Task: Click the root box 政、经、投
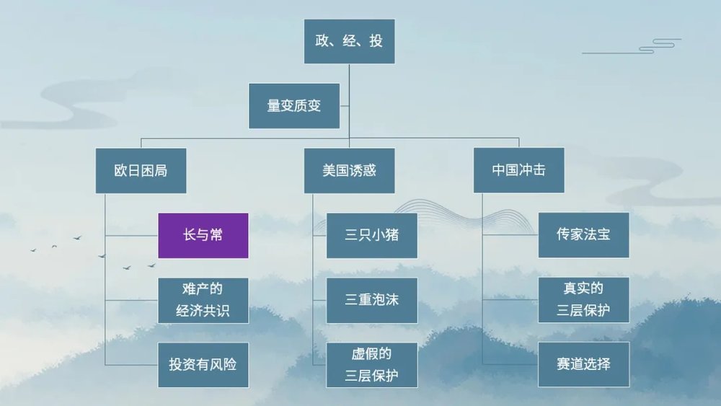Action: [x=349, y=41]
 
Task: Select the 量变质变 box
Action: [x=293, y=106]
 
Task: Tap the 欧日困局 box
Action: [x=141, y=171]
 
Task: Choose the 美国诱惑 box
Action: [x=349, y=171]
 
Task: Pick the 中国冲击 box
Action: [x=518, y=171]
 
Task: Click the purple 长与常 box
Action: [x=203, y=235]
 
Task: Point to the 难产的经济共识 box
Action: [x=203, y=301]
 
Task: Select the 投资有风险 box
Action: [x=203, y=364]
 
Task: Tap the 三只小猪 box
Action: [x=371, y=235]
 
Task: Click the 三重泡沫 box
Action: [x=371, y=300]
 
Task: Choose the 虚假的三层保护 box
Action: [x=371, y=364]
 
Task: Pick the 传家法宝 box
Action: [x=583, y=235]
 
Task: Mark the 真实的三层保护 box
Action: [x=583, y=300]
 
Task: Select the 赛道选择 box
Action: [x=583, y=364]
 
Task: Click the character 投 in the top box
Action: [x=376, y=41]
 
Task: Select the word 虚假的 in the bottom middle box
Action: [x=371, y=354]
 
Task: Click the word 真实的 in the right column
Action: [x=583, y=289]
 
